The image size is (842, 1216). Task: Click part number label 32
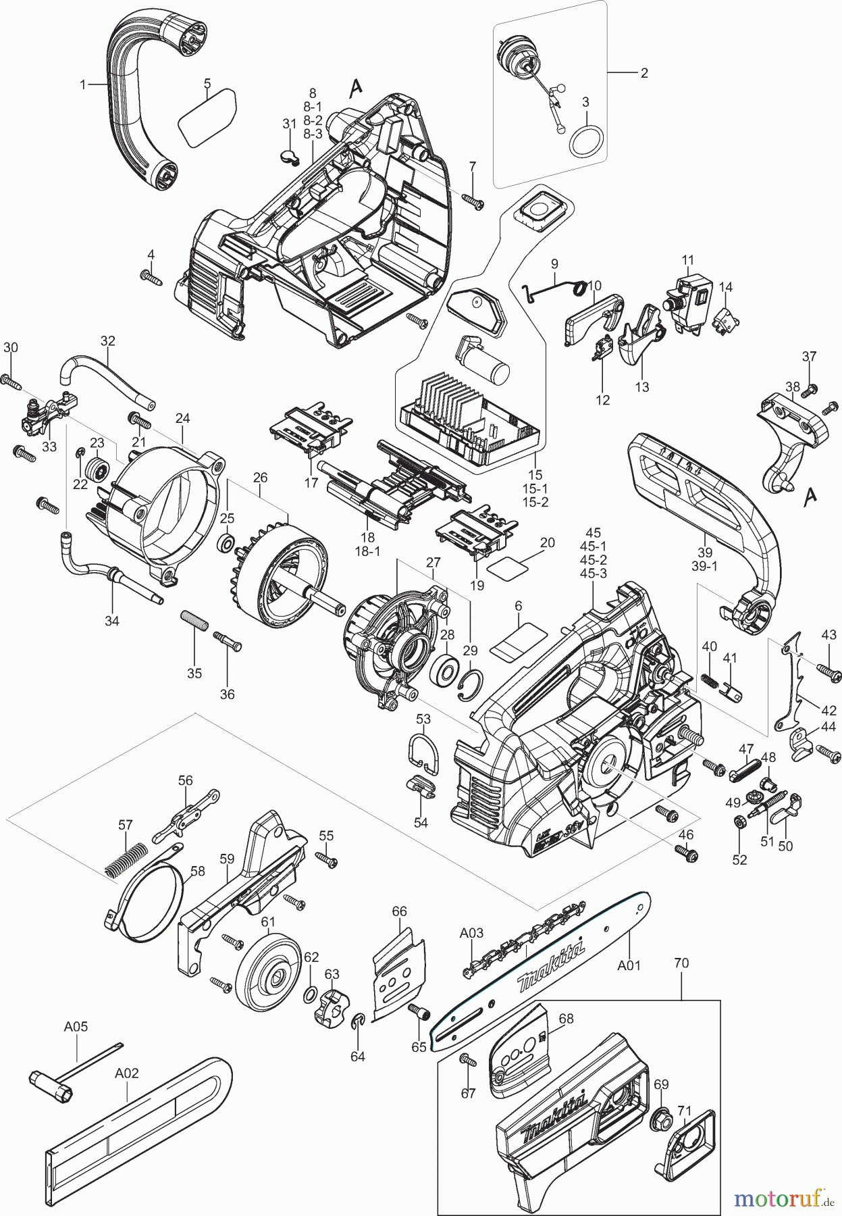click(x=108, y=341)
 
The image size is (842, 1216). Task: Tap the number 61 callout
click(x=268, y=922)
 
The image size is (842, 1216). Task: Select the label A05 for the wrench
click(x=76, y=1026)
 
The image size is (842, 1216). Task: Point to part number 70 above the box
click(x=681, y=963)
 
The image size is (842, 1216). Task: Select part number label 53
click(x=423, y=719)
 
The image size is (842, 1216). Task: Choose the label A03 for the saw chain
click(x=471, y=933)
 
